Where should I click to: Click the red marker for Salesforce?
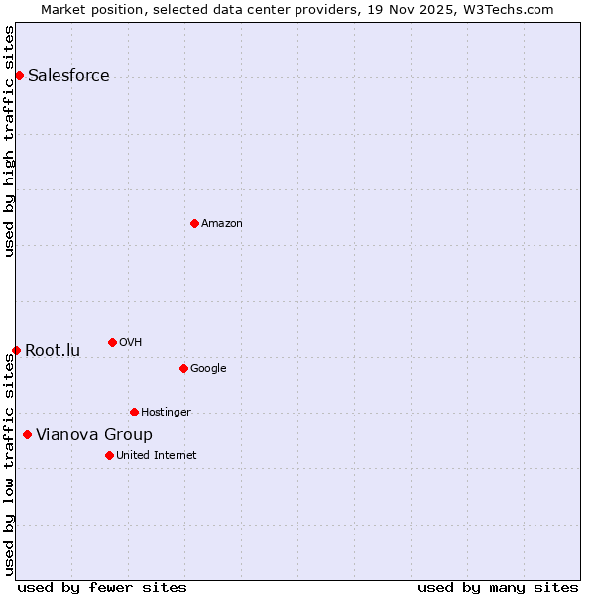pyautogui.click(x=19, y=76)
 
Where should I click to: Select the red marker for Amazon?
pyautogui.click(x=194, y=223)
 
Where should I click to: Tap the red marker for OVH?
pyautogui.click(x=112, y=342)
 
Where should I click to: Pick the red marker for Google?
pyautogui.click(x=183, y=368)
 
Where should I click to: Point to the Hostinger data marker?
pyautogui.click(x=134, y=412)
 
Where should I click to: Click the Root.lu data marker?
pyautogui.click(x=16, y=350)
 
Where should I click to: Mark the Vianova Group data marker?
pyautogui.click(x=27, y=434)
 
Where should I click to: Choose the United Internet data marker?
pyautogui.click(x=109, y=455)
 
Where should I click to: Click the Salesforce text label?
pyautogui.click(x=68, y=76)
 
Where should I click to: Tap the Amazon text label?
pyautogui.click(x=222, y=224)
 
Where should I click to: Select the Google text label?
pyautogui.click(x=208, y=369)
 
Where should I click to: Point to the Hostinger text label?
pyautogui.click(x=166, y=413)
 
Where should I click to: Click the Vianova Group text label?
pyautogui.click(x=94, y=435)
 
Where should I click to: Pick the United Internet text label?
pyautogui.click(x=157, y=456)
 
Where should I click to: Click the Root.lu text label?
pyautogui.click(x=53, y=351)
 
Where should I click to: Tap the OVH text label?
pyautogui.click(x=130, y=343)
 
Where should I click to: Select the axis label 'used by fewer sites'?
pyautogui.click(x=102, y=587)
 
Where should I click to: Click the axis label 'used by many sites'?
pyautogui.click(x=498, y=587)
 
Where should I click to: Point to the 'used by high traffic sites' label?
pyautogui.click(x=10, y=142)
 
